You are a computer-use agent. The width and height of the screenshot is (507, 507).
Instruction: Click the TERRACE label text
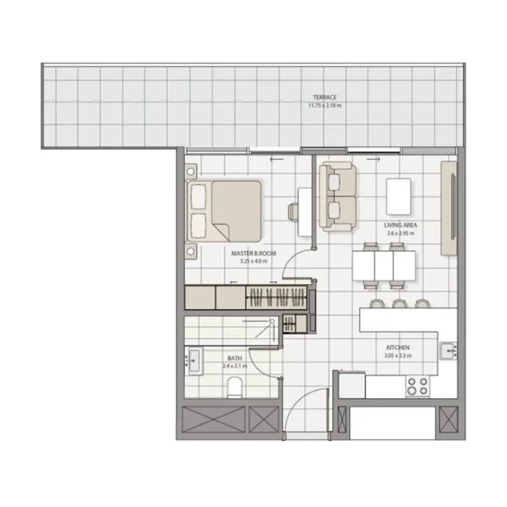pyautogui.click(x=324, y=98)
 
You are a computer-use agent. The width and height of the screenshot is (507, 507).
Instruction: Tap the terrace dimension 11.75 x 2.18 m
pyautogui.click(x=324, y=106)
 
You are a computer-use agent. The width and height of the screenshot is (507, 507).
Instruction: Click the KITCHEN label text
pyautogui.click(x=398, y=347)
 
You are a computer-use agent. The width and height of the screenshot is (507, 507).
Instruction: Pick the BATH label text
pyautogui.click(x=233, y=358)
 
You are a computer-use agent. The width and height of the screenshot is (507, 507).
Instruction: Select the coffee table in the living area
pyautogui.click(x=400, y=196)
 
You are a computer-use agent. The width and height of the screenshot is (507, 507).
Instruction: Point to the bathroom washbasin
pyautogui.click(x=193, y=361)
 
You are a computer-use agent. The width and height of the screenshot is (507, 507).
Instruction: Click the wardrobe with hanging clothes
pyautogui.click(x=275, y=297)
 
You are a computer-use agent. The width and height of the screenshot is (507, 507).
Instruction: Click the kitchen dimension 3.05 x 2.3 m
pyautogui.click(x=398, y=356)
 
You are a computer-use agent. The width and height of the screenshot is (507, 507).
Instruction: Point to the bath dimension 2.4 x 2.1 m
pyautogui.click(x=233, y=367)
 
